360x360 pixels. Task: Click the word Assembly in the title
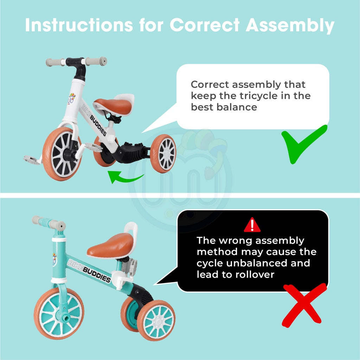tap(290, 25)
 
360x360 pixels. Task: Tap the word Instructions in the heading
tap(79, 25)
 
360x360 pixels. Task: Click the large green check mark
tap(304, 144)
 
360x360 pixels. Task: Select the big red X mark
tap(304, 305)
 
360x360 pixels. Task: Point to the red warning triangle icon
tap(252, 225)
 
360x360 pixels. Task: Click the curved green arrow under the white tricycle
tap(125, 178)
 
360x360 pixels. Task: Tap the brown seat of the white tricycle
tap(113, 106)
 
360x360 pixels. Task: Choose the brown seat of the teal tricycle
tap(110, 246)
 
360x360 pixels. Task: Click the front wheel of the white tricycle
tap(62, 154)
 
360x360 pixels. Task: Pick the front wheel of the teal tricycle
tap(59, 314)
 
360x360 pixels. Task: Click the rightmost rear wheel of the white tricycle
tap(163, 153)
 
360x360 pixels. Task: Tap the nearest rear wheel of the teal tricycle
tap(156, 321)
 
